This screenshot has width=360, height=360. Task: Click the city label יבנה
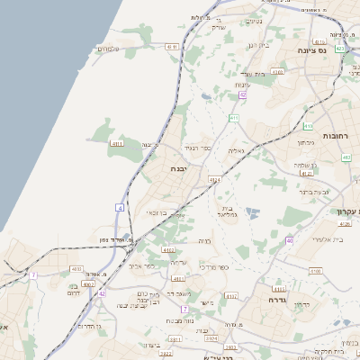tap(177, 168)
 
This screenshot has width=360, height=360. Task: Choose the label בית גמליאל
tap(227, 211)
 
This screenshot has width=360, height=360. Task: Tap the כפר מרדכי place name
tap(215, 267)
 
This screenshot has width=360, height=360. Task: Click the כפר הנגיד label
tap(197, 147)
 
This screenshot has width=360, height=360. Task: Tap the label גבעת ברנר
tap(317, 191)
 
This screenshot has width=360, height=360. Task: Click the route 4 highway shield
tap(119, 208)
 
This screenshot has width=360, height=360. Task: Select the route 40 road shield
tap(289, 239)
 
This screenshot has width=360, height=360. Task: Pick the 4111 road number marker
tap(117, 142)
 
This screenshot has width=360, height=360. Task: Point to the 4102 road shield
tap(168, 250)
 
